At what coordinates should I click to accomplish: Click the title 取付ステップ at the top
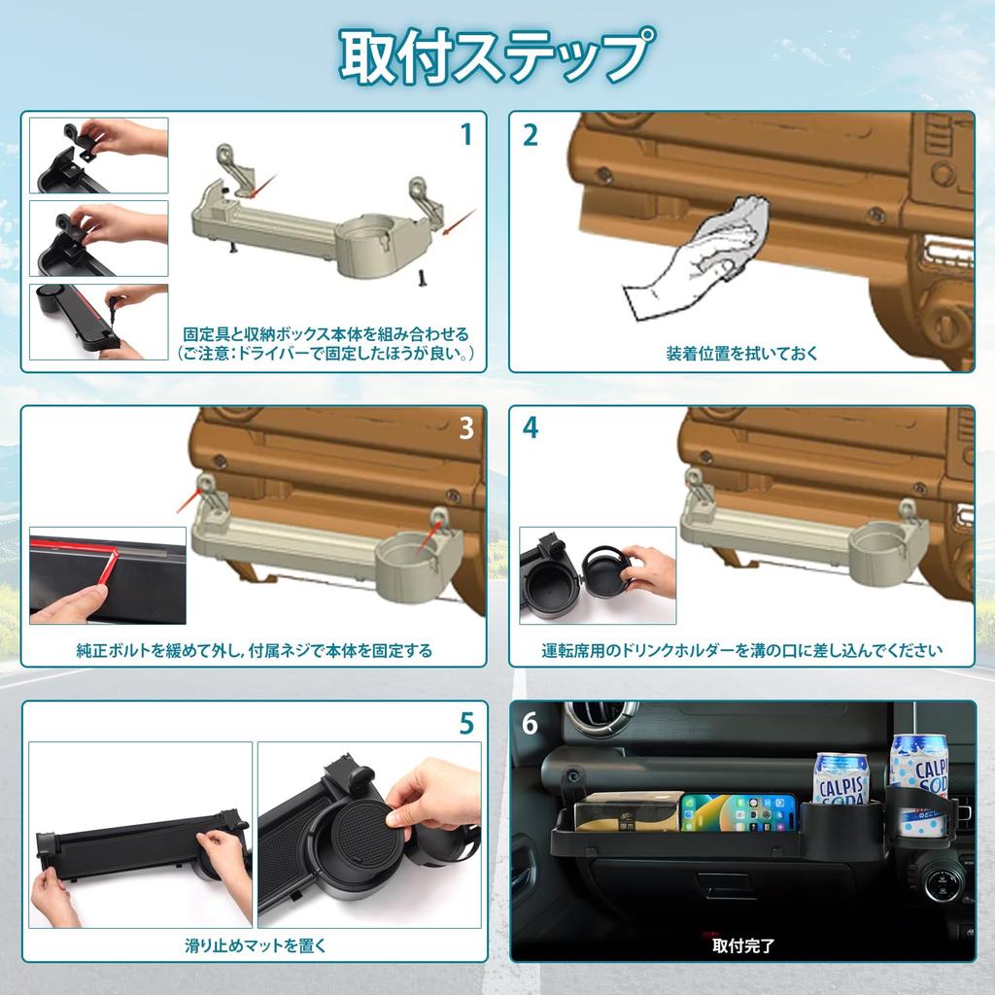(x=497, y=55)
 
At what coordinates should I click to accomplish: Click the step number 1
(x=465, y=134)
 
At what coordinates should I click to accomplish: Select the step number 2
(x=530, y=134)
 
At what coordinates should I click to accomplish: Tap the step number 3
(x=465, y=428)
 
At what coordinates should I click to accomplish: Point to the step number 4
(x=530, y=428)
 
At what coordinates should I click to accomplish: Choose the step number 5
(x=466, y=723)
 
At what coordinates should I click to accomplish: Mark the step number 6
(x=530, y=724)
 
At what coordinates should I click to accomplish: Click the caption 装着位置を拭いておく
(x=742, y=354)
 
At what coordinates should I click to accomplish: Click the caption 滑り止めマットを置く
(x=256, y=944)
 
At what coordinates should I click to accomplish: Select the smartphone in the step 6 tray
(x=738, y=812)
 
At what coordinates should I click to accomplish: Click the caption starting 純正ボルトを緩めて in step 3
(x=254, y=650)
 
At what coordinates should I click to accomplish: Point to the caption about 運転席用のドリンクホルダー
(x=742, y=650)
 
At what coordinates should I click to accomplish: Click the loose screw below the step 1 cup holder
(x=422, y=279)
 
